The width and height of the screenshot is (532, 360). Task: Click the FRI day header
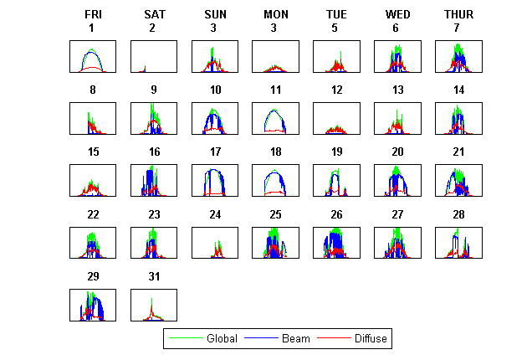(x=93, y=14)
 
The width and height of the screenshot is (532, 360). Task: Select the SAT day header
(x=154, y=14)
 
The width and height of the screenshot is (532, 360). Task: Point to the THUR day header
(x=458, y=14)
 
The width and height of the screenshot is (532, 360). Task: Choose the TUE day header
(x=336, y=14)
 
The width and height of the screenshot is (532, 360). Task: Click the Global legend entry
(x=222, y=339)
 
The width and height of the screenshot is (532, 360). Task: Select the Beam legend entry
(x=295, y=339)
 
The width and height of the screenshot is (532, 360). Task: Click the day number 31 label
(x=154, y=276)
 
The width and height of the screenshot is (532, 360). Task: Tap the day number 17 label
(x=215, y=152)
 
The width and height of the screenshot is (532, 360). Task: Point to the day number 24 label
(x=215, y=214)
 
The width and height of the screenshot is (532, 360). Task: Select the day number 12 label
(x=336, y=90)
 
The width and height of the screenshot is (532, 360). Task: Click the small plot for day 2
(x=154, y=57)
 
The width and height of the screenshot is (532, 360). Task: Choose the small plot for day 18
(x=275, y=181)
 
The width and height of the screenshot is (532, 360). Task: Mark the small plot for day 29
(x=93, y=305)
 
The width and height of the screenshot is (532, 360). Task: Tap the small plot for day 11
(x=275, y=119)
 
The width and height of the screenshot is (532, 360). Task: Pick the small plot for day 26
(x=336, y=243)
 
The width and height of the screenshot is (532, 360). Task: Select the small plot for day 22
(x=93, y=243)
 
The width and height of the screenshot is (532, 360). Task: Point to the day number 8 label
(x=93, y=90)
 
